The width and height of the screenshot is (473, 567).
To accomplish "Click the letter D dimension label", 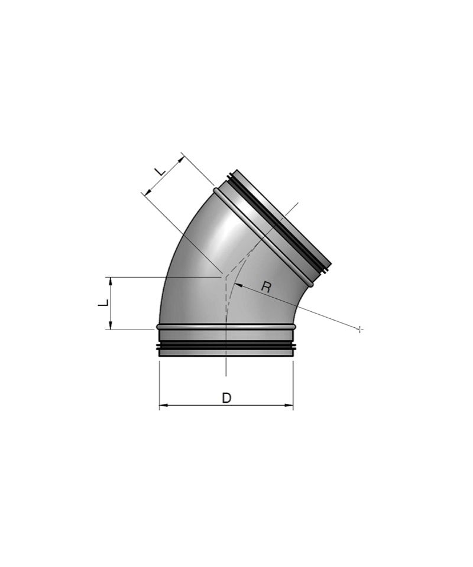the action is click(226, 397).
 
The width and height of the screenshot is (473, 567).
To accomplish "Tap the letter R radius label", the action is click(266, 288).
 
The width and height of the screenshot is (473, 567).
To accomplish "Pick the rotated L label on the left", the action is click(103, 302).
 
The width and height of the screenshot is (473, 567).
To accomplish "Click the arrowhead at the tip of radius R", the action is click(238, 285).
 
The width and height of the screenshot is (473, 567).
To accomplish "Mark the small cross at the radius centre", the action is click(359, 329).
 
